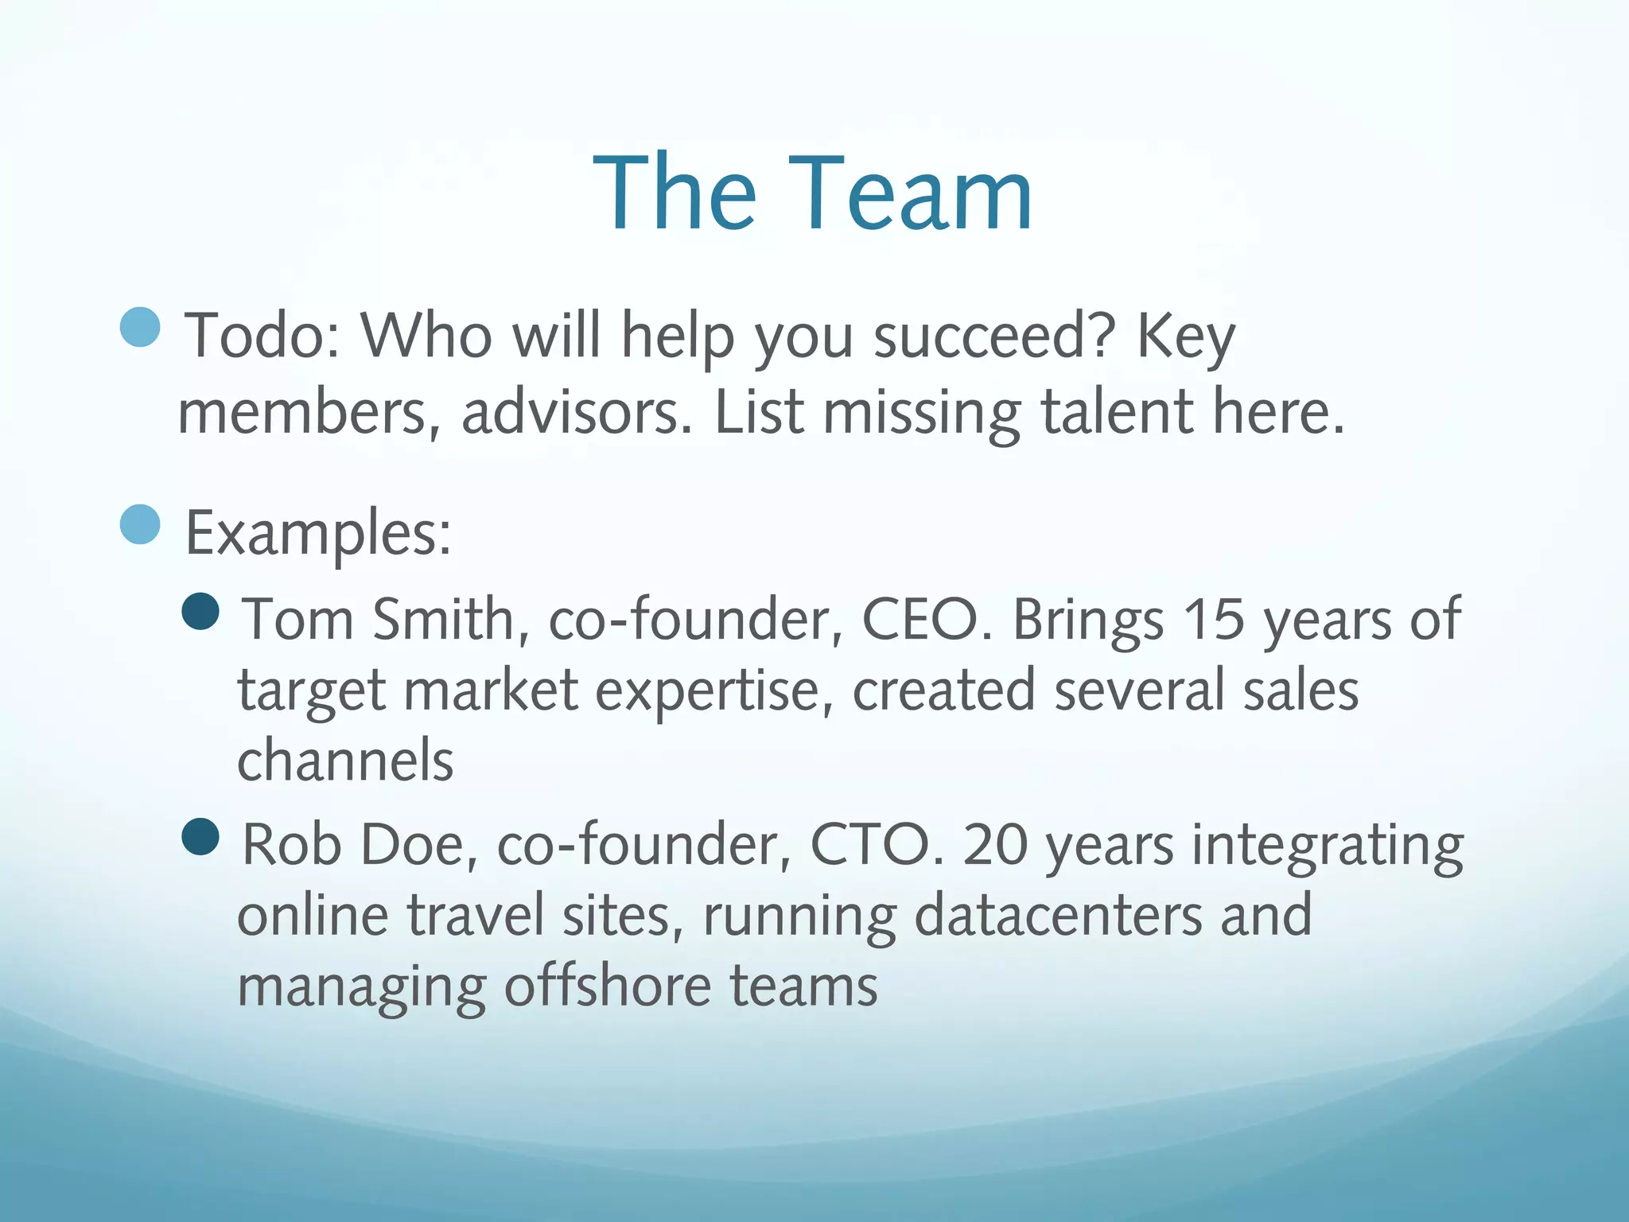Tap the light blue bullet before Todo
click(141, 327)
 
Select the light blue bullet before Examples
click(141, 524)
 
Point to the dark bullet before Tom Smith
click(200, 611)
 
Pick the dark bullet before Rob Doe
click(200, 837)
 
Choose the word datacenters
click(1058, 915)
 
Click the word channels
click(345, 761)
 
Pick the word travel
click(475, 915)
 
